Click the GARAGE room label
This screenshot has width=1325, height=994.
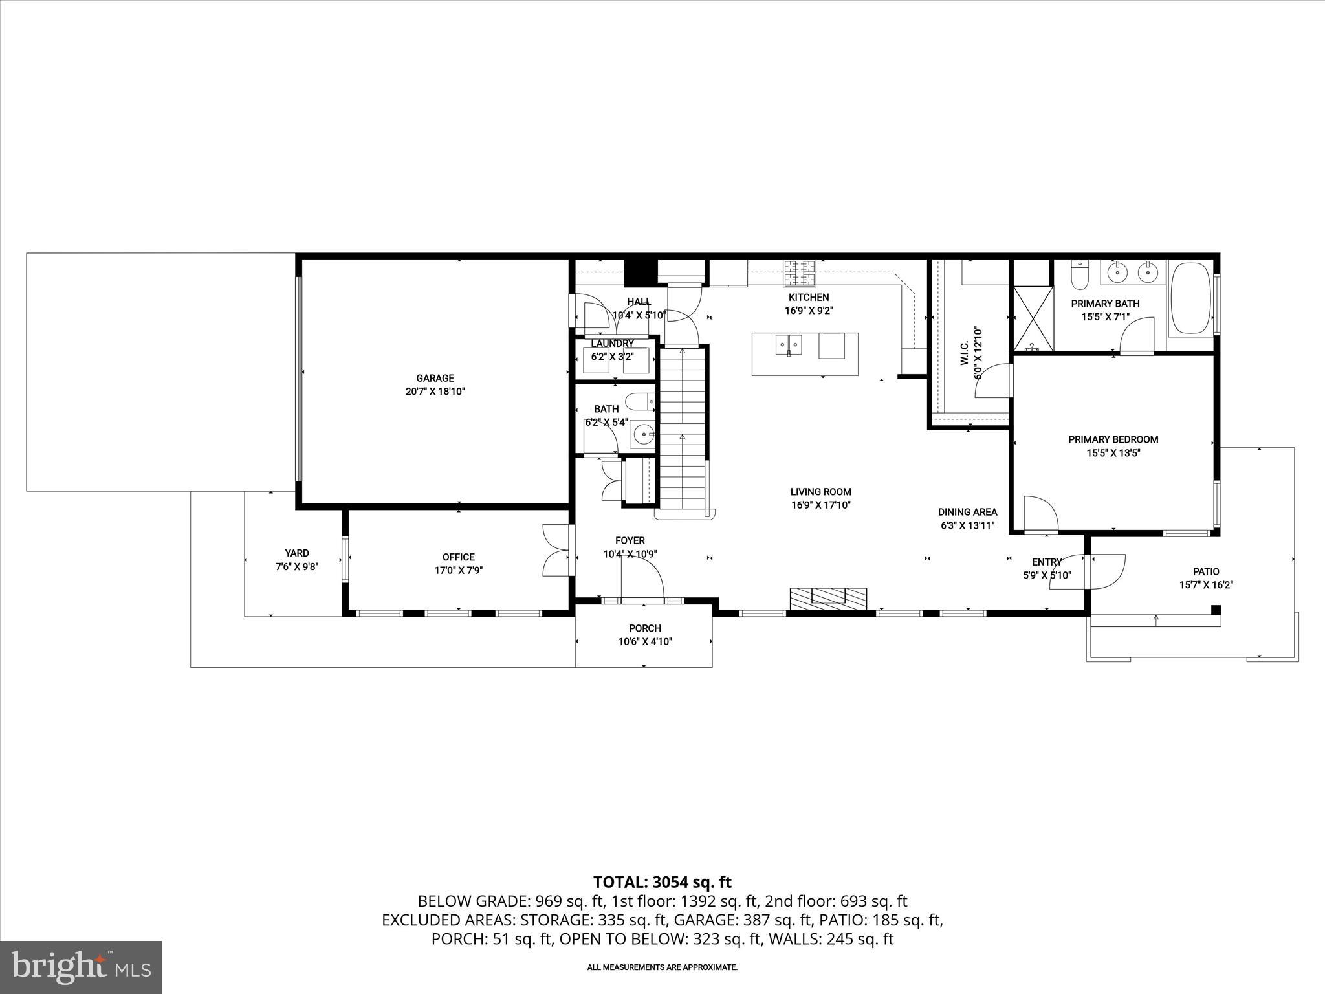click(x=435, y=378)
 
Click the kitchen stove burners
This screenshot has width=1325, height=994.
click(x=801, y=272)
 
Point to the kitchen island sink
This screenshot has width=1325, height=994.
click(x=788, y=344)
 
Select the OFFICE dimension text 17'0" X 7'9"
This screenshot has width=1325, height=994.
click(x=459, y=571)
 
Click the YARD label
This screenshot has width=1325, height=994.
click(x=297, y=553)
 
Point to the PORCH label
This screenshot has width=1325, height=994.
click(x=645, y=628)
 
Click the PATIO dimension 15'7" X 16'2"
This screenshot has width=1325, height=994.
click(x=1206, y=585)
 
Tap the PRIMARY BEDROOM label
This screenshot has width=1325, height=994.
click(x=1113, y=439)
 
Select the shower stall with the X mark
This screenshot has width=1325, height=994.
click(x=1033, y=318)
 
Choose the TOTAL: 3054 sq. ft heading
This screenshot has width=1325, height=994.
click(x=662, y=882)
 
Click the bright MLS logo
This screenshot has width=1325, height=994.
click(x=81, y=967)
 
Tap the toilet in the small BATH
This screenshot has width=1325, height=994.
click(x=642, y=403)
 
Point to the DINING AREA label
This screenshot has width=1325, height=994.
click(x=967, y=512)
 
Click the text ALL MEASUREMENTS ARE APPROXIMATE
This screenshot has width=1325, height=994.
click(x=662, y=967)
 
